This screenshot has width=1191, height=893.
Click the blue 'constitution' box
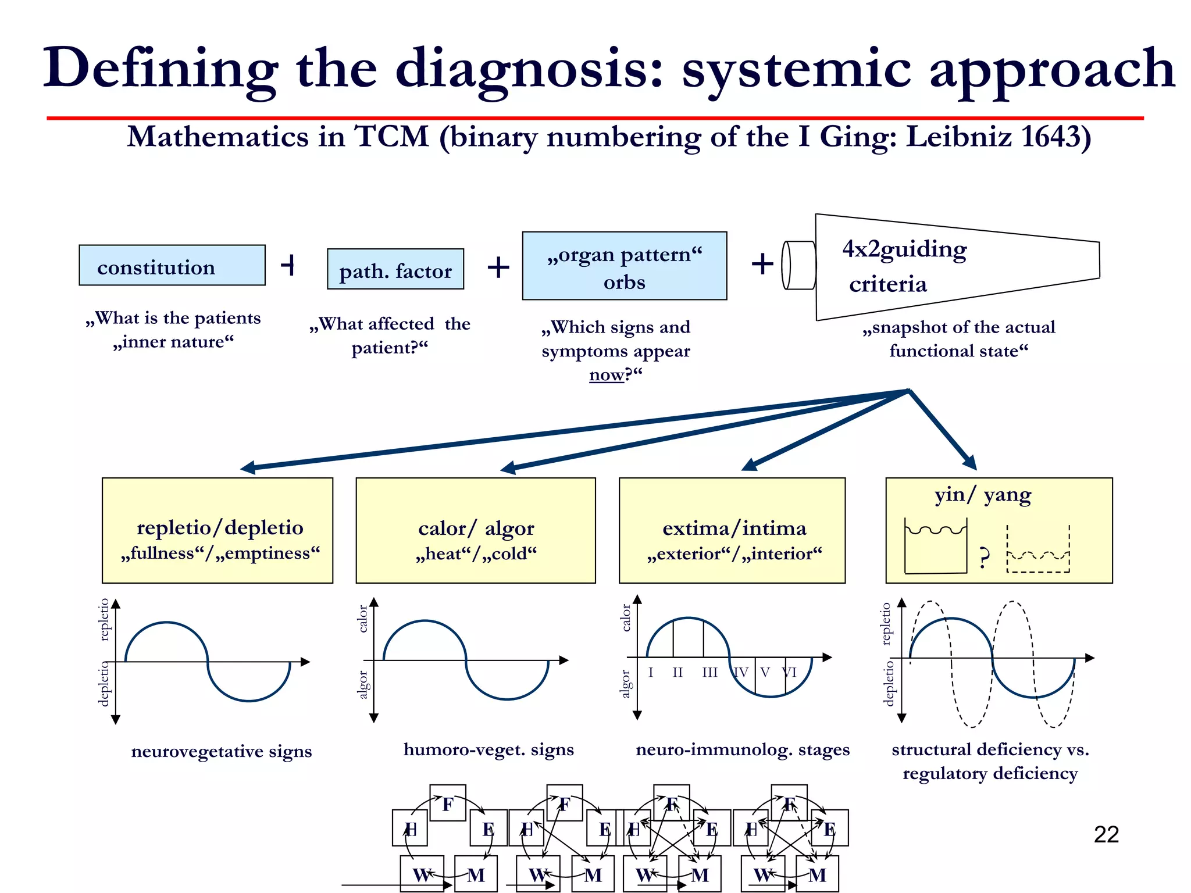click(172, 266)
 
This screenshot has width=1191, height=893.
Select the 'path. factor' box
click(395, 270)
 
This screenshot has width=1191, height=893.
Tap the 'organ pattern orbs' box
click(624, 266)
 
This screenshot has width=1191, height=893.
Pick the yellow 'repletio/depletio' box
click(217, 530)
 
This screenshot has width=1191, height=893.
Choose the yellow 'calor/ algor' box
click(476, 530)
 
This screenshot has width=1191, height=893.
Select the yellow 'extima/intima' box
click(732, 530)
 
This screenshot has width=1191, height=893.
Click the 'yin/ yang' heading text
click(983, 495)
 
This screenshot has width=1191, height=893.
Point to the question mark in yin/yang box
click(983, 558)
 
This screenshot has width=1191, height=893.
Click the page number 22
click(1106, 835)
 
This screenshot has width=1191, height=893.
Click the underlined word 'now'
click(606, 375)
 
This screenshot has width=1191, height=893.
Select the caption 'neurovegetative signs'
click(222, 751)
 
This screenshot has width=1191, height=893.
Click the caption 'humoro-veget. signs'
click(488, 749)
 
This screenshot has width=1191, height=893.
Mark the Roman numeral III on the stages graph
click(709, 673)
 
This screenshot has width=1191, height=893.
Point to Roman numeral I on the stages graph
click(651, 673)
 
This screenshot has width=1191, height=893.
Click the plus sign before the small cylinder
click(762, 265)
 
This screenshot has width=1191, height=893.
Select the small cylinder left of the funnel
click(799, 265)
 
